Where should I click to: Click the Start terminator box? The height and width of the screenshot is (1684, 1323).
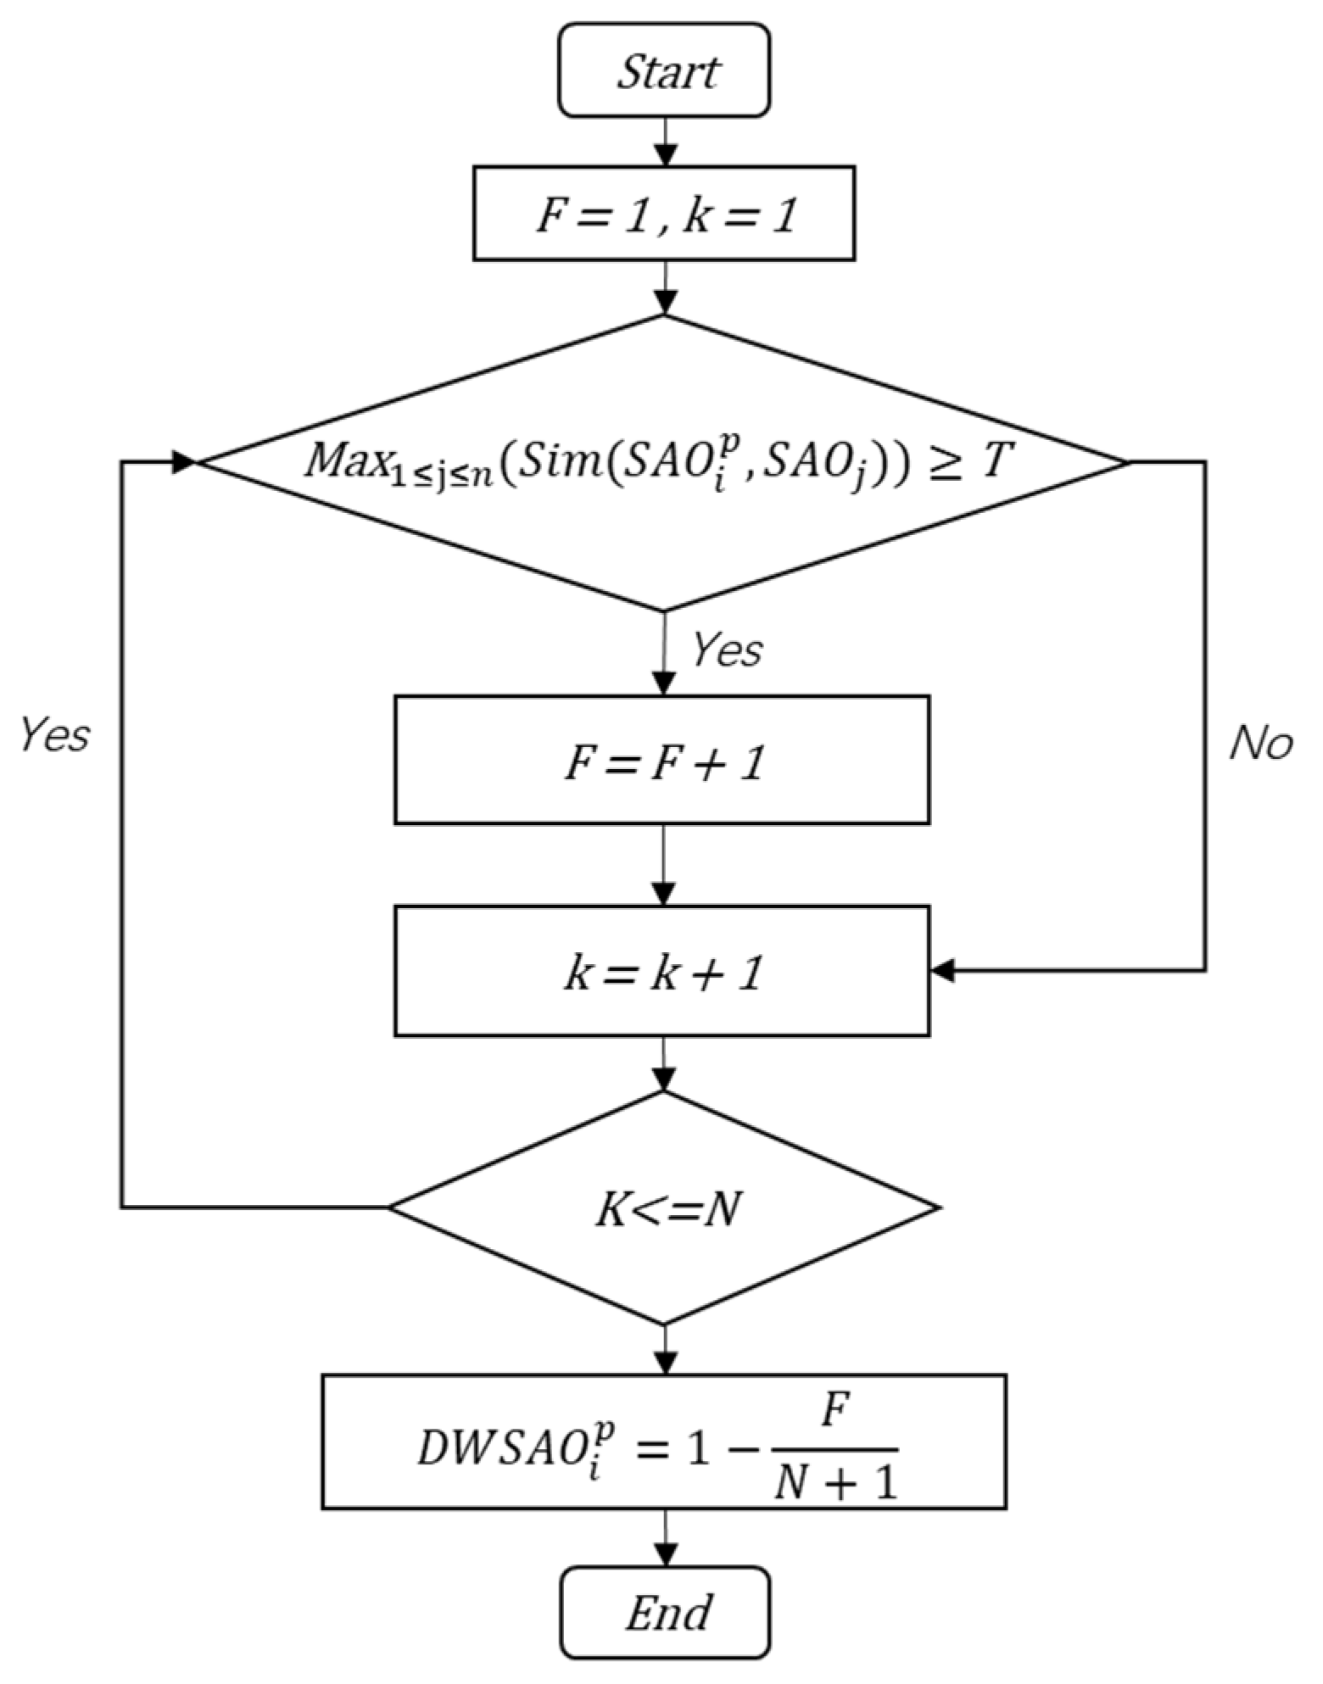point(664,70)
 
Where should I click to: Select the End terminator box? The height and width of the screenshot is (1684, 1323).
point(666,1614)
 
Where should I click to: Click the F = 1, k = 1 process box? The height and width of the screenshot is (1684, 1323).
point(664,213)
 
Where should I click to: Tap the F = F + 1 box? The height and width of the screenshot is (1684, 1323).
point(662,760)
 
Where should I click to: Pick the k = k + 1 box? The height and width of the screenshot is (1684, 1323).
point(662,972)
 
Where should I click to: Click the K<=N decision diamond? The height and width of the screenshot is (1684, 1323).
point(664,1207)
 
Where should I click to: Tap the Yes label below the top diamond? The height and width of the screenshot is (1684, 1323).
point(727,650)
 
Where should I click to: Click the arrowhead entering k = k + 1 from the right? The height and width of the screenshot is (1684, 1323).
point(943,971)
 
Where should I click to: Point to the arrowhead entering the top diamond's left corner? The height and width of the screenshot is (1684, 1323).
point(185,462)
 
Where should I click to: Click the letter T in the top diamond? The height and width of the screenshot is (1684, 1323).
point(994,462)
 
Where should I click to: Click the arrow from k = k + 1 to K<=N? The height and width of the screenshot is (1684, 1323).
point(664,1063)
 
